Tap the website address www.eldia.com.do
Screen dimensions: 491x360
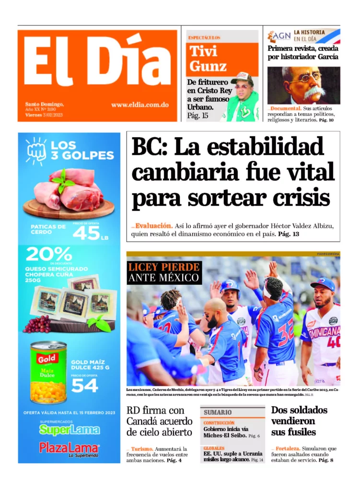point(139,105)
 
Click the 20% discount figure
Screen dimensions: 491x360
point(49,254)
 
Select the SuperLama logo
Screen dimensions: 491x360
point(69,430)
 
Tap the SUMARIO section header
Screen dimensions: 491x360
point(218,412)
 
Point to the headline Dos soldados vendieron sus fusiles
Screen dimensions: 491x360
point(299,421)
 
